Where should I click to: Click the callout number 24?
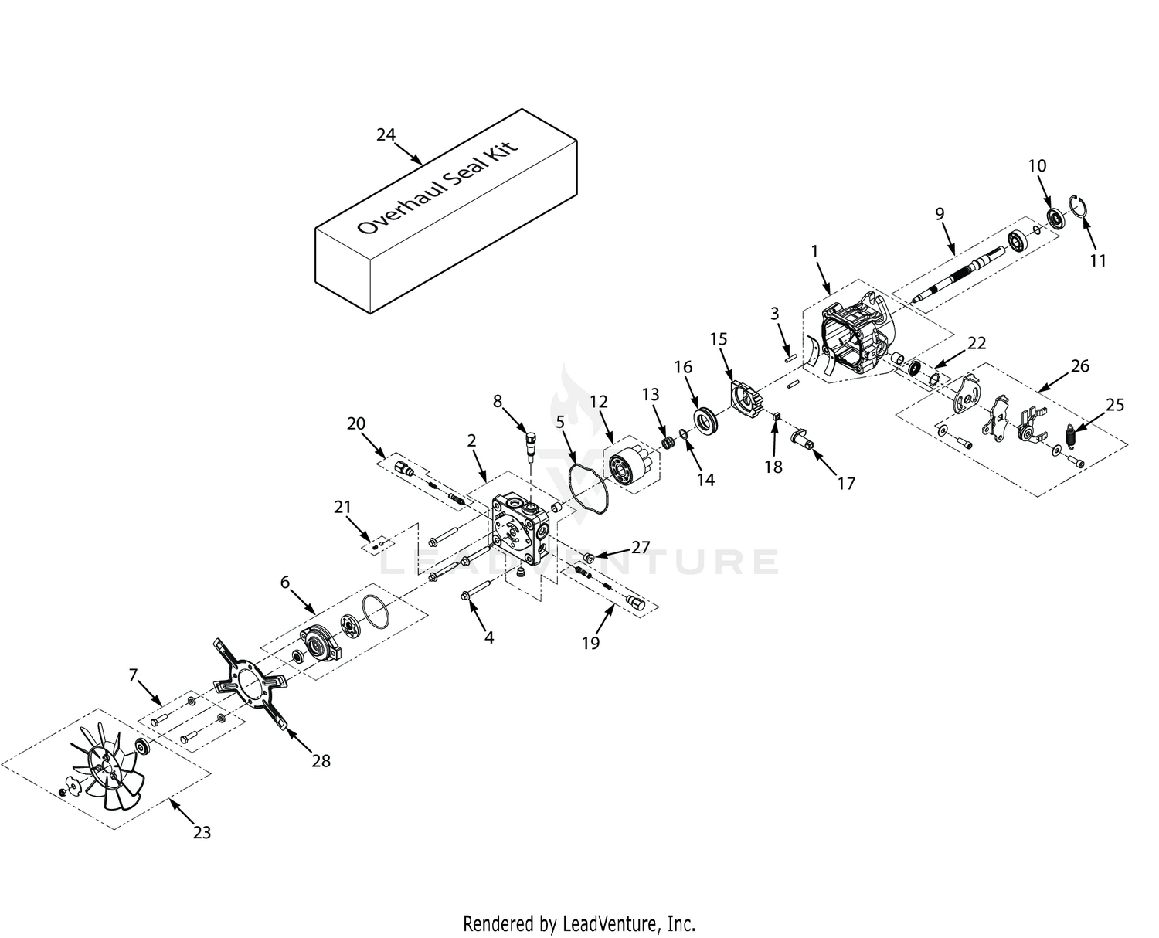[386, 134]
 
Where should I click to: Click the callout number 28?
[321, 760]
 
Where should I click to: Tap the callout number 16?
[684, 367]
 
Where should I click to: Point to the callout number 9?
[940, 214]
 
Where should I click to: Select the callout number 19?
[590, 643]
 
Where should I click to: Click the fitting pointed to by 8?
[529, 444]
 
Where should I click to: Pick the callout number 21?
[342, 507]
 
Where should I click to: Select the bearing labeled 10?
[1056, 218]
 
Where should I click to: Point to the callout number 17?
[846, 483]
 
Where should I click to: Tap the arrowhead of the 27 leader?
[594, 556]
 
